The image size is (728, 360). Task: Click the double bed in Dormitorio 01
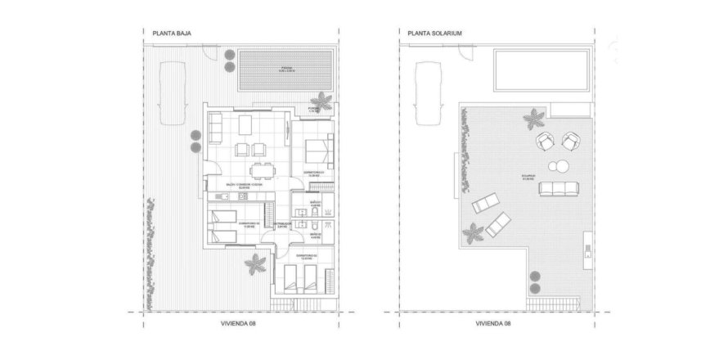317,151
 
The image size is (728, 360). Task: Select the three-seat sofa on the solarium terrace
555,191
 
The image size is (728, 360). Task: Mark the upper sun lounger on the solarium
487,202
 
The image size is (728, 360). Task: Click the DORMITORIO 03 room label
305,255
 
